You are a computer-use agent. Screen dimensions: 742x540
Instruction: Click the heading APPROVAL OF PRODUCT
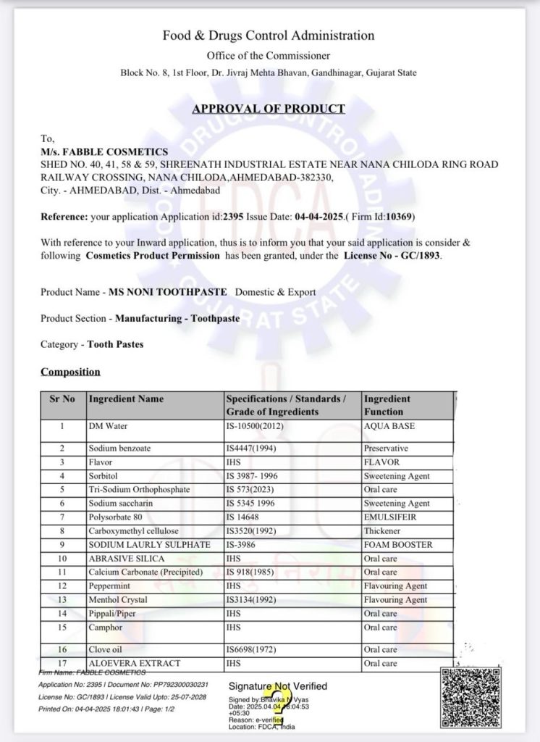tap(269, 109)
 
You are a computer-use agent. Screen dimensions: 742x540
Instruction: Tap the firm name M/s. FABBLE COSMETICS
tap(104, 151)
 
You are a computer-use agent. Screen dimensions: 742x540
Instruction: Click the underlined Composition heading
tap(70, 372)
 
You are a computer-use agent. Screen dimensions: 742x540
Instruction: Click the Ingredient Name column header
tap(126, 399)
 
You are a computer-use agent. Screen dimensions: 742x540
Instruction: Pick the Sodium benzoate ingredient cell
tap(119, 449)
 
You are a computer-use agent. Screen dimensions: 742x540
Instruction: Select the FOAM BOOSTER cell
tap(398, 545)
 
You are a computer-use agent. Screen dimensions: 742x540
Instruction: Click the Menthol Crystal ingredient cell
tap(117, 600)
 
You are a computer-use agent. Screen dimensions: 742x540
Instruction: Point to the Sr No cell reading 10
tap(62, 559)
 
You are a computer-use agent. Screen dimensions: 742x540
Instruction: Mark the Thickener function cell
tap(384, 531)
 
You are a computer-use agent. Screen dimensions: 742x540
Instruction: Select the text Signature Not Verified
tap(277, 686)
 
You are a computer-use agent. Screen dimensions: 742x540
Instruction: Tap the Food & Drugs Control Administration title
tap(269, 36)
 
